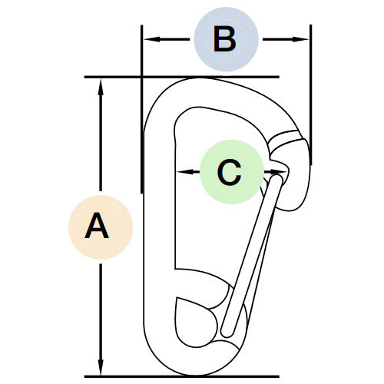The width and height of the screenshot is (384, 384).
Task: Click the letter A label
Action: tap(97, 226)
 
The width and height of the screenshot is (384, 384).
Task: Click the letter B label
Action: tap(225, 39)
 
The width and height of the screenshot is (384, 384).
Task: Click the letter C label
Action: tap(230, 172)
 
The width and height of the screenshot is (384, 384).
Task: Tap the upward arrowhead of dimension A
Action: tap(101, 88)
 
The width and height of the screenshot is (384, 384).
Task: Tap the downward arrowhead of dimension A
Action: tap(101, 367)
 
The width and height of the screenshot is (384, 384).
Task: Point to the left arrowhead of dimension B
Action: tap(152, 39)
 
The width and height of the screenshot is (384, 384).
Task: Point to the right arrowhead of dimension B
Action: tap(300, 39)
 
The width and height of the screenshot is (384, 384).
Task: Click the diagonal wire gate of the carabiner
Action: tap(252, 256)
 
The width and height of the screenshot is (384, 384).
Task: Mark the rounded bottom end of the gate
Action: tap(227, 333)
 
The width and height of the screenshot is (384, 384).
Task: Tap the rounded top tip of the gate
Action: tap(276, 179)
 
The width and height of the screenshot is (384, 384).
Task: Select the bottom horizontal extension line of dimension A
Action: tap(182, 376)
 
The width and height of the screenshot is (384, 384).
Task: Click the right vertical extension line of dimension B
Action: tap(311, 94)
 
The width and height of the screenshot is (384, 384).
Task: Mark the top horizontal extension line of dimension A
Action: tap(182, 77)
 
